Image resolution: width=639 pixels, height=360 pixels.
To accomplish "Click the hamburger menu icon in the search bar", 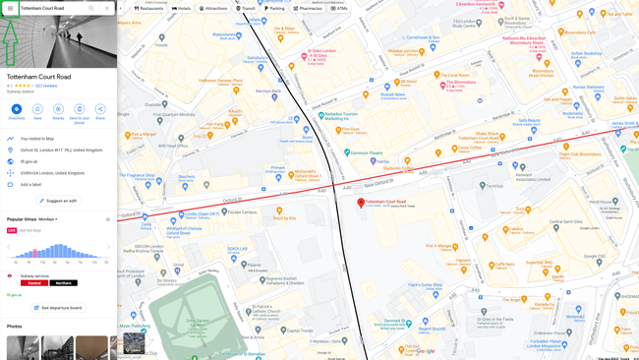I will coord(10,8).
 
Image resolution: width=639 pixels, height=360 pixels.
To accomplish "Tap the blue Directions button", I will coord(16,109).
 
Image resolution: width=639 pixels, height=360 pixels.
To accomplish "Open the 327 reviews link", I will coord(46,86).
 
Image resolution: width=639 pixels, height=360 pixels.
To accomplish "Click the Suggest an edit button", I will coord(58,201).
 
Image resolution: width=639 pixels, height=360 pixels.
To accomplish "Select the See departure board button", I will coord(59,308).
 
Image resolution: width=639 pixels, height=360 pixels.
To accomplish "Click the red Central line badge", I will coord(35,283).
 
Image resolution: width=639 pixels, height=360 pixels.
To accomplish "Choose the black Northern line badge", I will coord(64,283).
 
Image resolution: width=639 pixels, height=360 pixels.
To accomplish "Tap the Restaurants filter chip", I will coord(149,8).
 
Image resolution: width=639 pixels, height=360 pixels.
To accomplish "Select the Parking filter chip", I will coord(275,8).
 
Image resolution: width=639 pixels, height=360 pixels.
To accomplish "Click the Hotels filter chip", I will coord(182,8).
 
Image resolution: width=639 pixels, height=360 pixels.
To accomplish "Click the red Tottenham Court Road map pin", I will coord(361,202).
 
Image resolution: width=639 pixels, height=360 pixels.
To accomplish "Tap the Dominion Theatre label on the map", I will coord(366,152).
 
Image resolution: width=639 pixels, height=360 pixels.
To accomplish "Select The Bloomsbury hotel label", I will coord(458,83).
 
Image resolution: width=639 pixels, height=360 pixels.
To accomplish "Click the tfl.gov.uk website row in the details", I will coord(29,161).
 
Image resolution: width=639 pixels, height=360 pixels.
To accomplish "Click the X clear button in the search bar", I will coord(107,8).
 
